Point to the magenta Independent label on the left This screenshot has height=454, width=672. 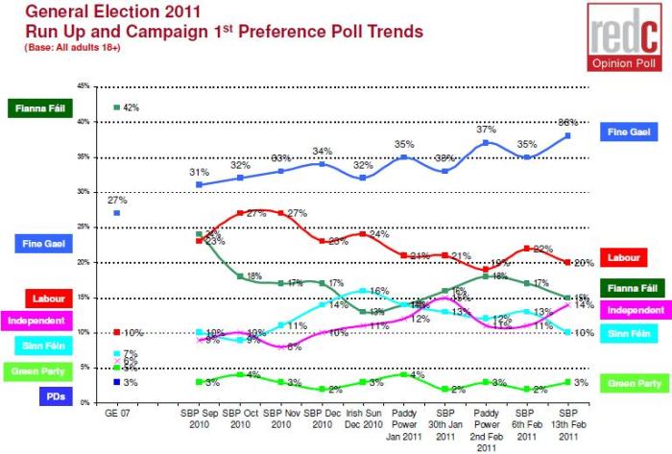point(36,320)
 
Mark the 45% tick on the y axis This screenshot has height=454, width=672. point(84,86)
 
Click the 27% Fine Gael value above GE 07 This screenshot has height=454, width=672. point(117,200)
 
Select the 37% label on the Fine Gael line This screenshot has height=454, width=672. point(486,130)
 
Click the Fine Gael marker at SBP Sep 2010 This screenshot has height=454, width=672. point(199,184)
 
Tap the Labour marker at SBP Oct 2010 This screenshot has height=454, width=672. point(240,212)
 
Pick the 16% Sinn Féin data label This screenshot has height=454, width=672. point(377,290)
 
